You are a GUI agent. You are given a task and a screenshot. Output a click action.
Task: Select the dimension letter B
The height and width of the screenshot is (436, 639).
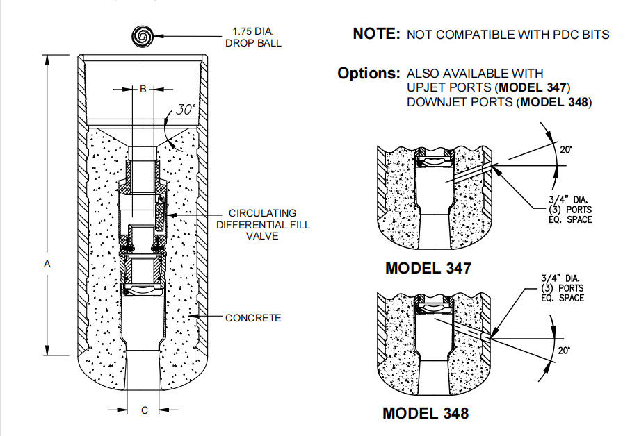143,89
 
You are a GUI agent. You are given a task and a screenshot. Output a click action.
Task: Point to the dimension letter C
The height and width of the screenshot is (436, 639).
145,410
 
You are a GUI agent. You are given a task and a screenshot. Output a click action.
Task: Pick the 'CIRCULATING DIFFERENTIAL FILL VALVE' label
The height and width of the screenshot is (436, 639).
263,224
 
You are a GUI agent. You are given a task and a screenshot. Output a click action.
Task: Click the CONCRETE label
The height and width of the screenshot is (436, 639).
253,318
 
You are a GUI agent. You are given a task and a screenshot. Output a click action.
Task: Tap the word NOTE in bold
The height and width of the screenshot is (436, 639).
375,33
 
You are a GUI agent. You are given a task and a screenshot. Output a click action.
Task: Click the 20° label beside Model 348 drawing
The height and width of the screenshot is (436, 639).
564,350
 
